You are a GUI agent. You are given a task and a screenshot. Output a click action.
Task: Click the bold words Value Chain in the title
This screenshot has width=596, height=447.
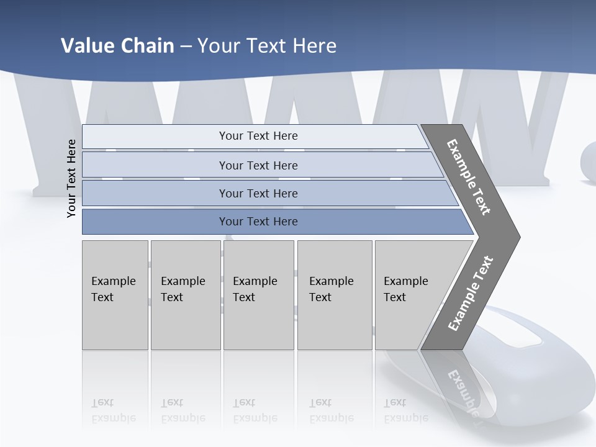117,46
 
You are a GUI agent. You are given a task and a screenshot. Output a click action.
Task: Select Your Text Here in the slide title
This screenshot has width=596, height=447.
267,46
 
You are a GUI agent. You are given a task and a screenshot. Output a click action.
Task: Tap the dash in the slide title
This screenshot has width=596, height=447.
186,47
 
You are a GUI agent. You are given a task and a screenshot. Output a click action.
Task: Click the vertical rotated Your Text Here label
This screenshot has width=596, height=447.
71,178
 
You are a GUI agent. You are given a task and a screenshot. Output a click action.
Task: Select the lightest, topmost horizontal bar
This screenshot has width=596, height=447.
258,136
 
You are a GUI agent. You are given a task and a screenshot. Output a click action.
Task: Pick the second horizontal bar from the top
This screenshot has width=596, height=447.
258,165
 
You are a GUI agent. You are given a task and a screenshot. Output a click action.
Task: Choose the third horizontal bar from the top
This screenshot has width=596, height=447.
258,193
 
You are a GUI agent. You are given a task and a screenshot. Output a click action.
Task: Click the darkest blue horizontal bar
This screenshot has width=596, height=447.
258,222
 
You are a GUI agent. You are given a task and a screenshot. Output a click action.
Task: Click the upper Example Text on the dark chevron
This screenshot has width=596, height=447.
469,177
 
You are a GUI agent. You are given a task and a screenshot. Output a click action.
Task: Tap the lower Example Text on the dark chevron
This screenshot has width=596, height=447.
471,294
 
